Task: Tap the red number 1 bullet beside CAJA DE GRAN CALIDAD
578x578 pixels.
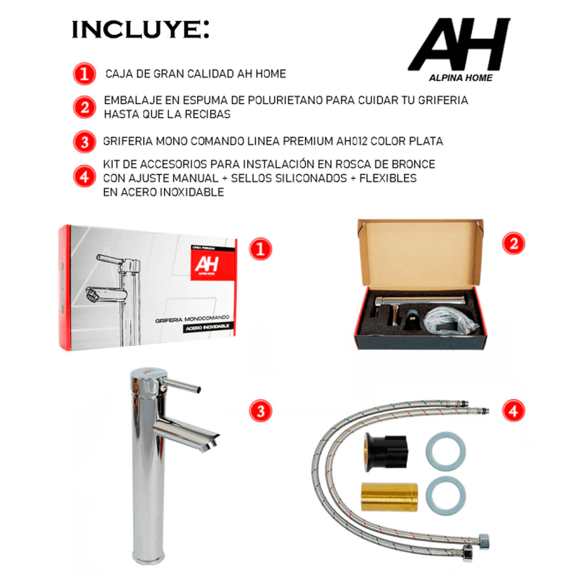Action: click(x=85, y=74)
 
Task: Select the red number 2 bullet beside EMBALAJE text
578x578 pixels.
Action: click(x=85, y=107)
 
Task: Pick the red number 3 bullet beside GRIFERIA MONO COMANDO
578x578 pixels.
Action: click(x=85, y=142)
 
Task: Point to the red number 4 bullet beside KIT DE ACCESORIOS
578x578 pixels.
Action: click(x=85, y=176)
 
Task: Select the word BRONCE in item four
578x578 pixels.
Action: click(x=413, y=164)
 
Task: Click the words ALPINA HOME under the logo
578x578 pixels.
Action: click(x=461, y=78)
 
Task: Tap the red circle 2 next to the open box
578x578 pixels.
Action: click(x=514, y=243)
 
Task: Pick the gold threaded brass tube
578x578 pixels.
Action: click(x=389, y=497)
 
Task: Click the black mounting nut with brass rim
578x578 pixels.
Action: click(x=385, y=452)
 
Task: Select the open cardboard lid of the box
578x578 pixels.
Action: click(x=420, y=254)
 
